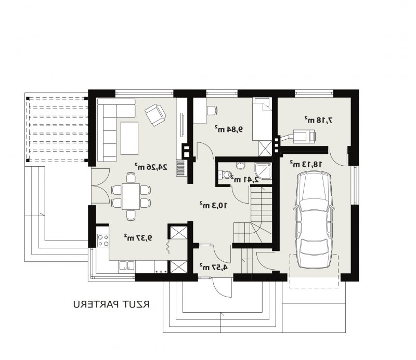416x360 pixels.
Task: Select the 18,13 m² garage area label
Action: (306, 164)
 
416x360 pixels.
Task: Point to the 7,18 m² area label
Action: (319, 120)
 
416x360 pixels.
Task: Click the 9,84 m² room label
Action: (229, 129)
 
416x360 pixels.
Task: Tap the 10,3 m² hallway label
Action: (213, 205)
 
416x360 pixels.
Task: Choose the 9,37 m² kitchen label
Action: (138, 237)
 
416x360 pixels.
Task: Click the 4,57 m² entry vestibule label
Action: (214, 267)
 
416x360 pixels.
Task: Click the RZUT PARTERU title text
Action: (111, 304)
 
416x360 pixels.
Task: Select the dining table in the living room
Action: (131, 196)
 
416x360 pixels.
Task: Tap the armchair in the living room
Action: (155, 114)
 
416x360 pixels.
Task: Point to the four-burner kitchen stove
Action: (103, 240)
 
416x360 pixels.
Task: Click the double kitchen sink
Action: (127, 265)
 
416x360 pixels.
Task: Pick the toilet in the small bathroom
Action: (225, 175)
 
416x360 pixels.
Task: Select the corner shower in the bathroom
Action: (263, 171)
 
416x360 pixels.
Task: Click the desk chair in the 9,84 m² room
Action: (212, 110)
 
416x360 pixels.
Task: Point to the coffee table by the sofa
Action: (129, 138)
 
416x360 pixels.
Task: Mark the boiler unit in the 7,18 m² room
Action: (304, 136)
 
